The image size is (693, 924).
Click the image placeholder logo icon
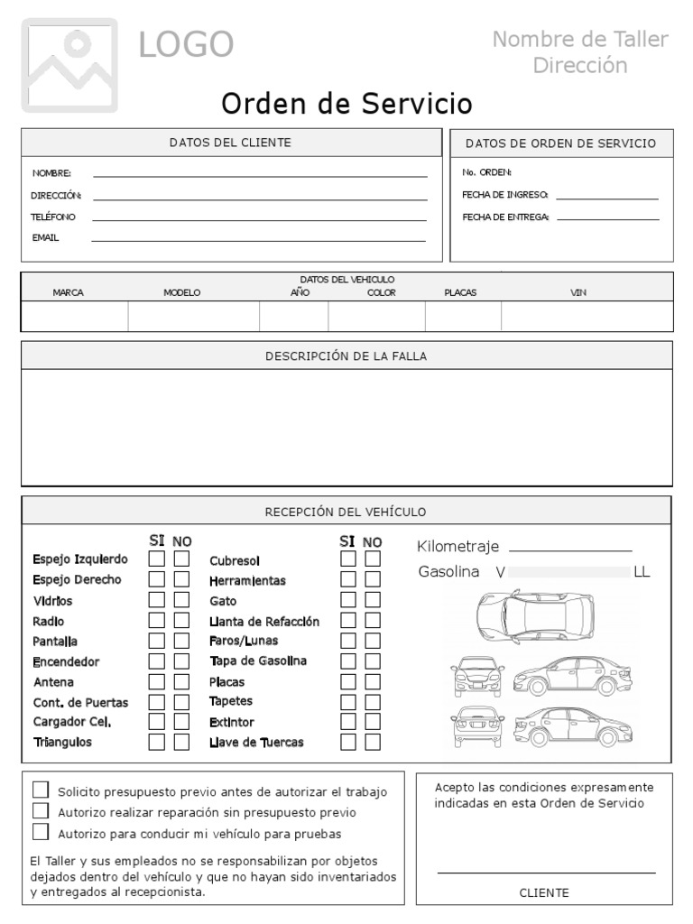click(70, 64)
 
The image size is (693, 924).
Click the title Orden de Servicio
click(346, 105)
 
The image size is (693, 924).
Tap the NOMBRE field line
click(260, 175)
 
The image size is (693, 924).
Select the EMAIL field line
click(258, 241)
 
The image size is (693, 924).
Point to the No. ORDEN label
click(486, 172)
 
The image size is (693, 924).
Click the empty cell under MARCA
click(74, 317)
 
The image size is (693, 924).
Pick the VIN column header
click(578, 292)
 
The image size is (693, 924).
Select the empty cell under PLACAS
click(462, 317)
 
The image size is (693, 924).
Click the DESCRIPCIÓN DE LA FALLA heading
click(346, 356)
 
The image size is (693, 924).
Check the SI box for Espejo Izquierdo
click(157, 559)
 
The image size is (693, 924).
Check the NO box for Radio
click(181, 621)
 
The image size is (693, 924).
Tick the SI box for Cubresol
click(348, 559)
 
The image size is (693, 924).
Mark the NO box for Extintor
click(373, 722)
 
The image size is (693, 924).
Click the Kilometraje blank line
click(570, 549)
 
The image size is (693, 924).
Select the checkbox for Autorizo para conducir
click(40, 832)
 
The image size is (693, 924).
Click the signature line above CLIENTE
click(546, 872)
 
